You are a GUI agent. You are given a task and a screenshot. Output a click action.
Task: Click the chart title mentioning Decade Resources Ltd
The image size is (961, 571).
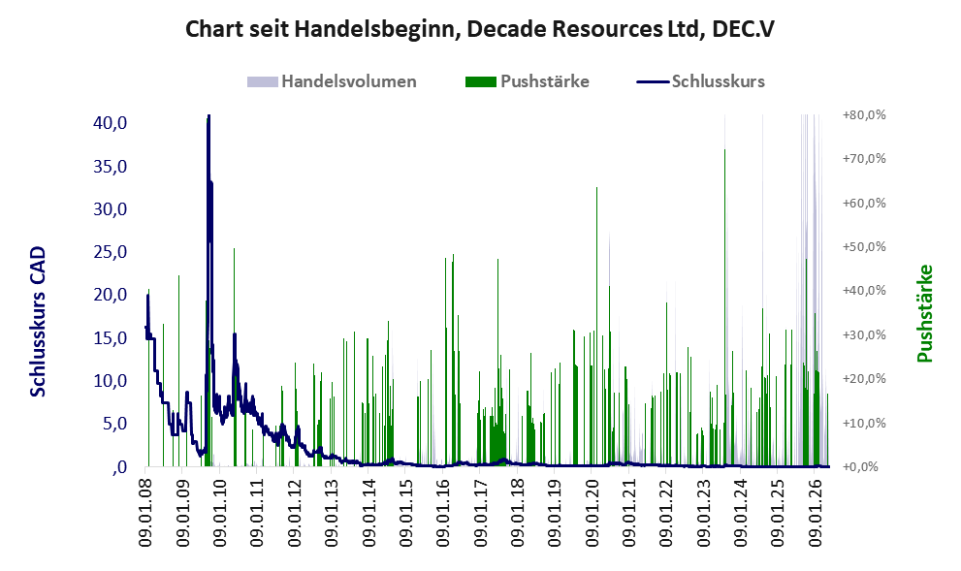480,29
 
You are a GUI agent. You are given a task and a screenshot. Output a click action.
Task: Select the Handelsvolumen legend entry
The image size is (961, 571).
332,81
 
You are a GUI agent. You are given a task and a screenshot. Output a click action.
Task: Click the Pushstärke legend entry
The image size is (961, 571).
528,81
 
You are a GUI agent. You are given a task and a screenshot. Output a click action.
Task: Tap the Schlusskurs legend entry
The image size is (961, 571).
700,81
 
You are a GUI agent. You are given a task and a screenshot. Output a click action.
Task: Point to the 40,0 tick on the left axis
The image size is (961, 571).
111,123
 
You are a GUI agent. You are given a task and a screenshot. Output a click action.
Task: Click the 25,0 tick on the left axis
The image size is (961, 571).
111,252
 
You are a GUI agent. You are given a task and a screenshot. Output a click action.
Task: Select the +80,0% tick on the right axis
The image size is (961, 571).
864,115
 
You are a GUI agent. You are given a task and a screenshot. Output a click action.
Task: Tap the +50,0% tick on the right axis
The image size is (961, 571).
864,247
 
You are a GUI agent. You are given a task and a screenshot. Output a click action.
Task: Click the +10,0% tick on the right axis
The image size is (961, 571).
864,424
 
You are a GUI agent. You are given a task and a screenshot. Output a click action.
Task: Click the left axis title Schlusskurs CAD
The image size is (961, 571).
38,321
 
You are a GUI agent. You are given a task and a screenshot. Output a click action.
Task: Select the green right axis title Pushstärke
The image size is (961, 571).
924,313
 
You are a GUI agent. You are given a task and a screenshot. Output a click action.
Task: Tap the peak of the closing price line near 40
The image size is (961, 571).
208,116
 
